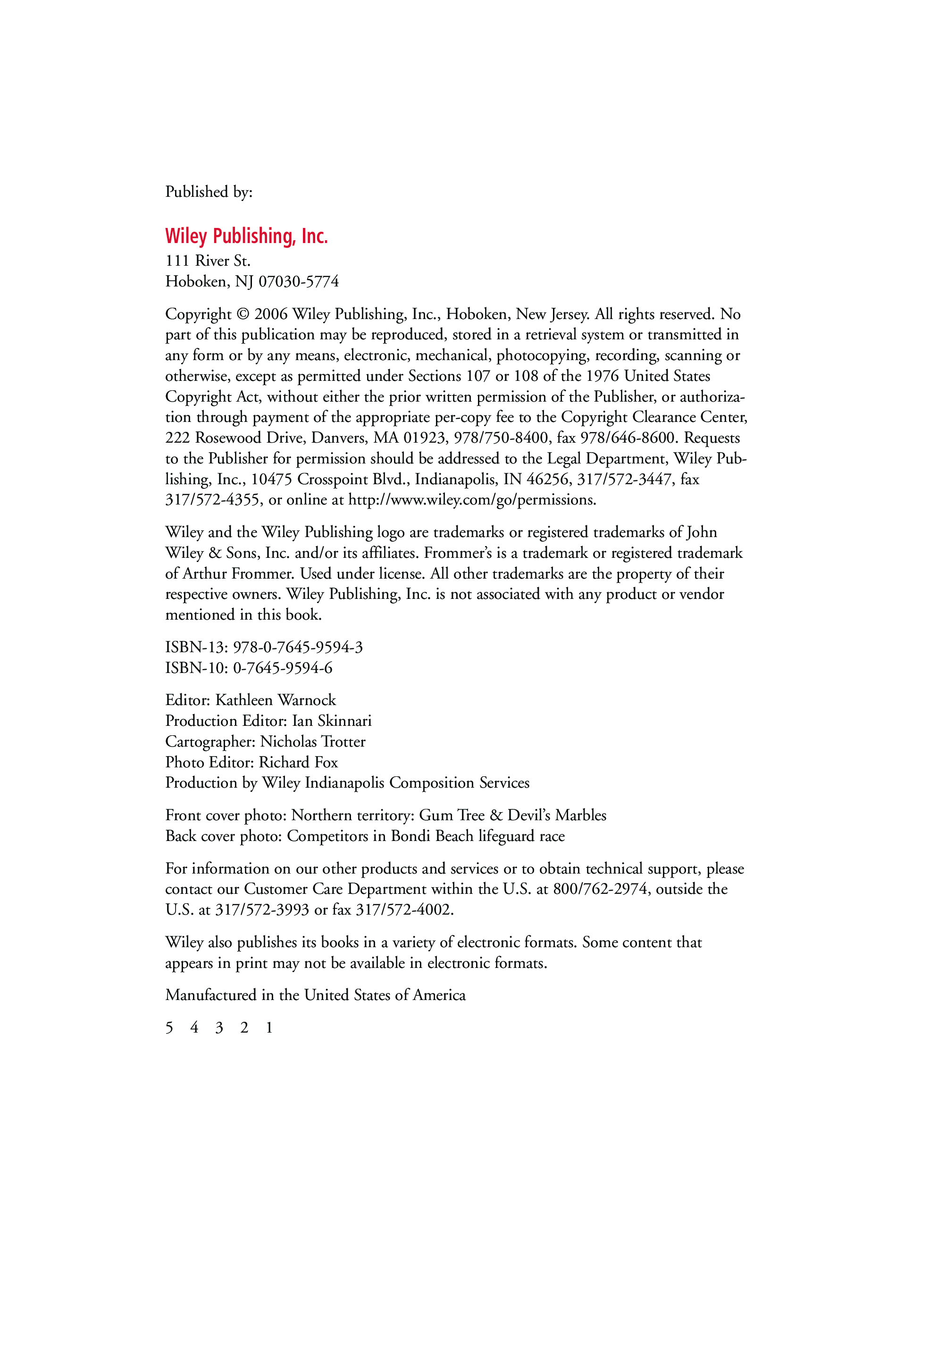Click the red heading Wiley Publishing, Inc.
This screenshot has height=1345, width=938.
246,236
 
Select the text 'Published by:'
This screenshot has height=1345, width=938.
209,192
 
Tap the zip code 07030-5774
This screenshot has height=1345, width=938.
299,282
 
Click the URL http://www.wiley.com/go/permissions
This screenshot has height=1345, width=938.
472,500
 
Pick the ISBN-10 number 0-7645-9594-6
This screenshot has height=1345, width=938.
282,668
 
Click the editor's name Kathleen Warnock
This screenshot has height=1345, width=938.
275,700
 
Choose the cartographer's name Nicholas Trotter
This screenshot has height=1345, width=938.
313,741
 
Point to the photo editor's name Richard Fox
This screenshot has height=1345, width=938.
298,762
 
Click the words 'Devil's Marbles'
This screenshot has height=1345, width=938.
556,815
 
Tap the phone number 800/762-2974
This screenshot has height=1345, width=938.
600,889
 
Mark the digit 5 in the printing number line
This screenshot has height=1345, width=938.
169,1027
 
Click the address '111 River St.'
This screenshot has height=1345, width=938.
208,261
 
